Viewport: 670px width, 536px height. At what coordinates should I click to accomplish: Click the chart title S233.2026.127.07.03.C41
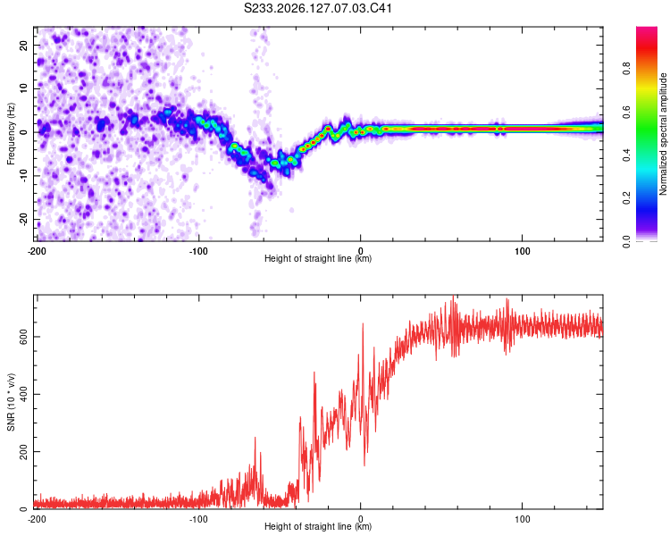pos(318,8)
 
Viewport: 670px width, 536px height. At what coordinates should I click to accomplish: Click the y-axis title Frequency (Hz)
pos(11,134)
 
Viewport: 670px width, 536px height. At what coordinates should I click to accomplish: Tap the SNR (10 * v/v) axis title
pos(11,402)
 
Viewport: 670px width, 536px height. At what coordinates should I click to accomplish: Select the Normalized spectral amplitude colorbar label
pos(663,134)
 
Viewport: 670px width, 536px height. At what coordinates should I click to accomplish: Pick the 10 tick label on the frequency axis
pos(24,88)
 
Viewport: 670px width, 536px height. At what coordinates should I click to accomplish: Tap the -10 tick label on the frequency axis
pos(24,176)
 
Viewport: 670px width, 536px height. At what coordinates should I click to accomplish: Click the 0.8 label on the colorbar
pos(626,69)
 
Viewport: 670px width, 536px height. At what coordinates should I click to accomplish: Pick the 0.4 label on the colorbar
pos(626,155)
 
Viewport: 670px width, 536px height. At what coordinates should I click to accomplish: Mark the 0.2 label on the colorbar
pos(626,198)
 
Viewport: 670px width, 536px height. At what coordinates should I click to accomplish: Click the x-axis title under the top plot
pos(318,258)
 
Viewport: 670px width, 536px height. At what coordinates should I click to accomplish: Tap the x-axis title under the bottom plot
pos(318,526)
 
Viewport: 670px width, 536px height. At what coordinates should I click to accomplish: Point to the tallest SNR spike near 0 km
pos(364,323)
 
